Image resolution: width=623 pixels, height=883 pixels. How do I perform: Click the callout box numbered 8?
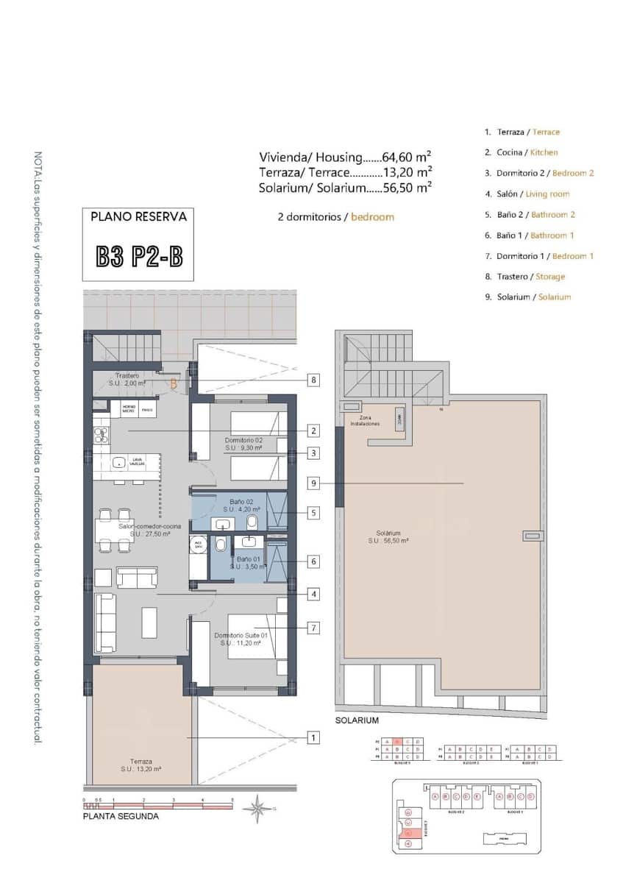(314, 380)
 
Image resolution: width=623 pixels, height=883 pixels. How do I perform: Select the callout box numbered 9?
(314, 483)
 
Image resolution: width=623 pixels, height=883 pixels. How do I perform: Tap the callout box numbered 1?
(314, 737)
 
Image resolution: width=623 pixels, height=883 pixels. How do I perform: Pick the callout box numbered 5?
(314, 513)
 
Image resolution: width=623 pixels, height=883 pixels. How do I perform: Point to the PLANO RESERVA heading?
(138, 217)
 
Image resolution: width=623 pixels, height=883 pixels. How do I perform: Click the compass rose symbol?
(258, 809)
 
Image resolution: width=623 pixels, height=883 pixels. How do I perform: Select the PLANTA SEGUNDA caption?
(121, 816)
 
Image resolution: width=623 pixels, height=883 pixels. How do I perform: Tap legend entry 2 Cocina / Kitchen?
(521, 152)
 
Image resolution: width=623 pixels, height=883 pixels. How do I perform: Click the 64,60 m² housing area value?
(406, 157)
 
